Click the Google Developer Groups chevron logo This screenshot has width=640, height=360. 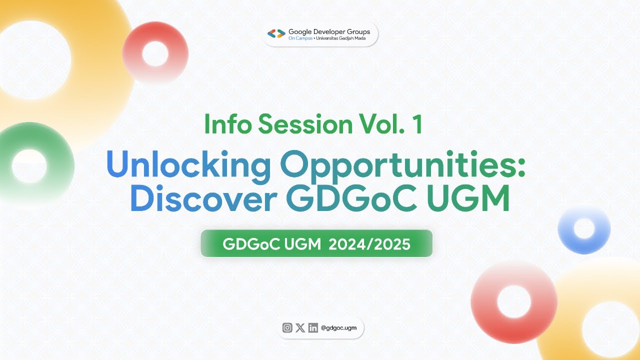(x=276, y=34)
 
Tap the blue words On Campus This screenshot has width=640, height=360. (x=300, y=38)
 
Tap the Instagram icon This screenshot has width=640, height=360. (x=287, y=328)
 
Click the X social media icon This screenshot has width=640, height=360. (x=300, y=328)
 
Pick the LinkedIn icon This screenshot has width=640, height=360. (x=313, y=328)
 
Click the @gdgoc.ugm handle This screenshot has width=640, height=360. (x=339, y=328)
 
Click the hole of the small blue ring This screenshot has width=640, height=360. (x=583, y=228)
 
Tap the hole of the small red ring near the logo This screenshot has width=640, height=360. (x=155, y=53)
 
